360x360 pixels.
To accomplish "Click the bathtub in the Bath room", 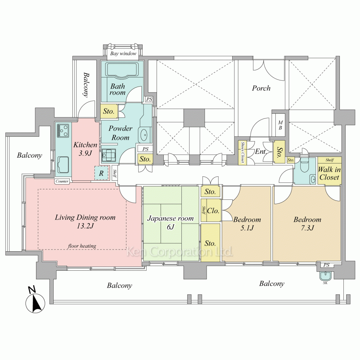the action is (122, 69).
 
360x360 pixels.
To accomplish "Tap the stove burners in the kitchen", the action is (63, 130).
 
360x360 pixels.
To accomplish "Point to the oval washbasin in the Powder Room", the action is (144, 135).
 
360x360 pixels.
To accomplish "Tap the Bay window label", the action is (123, 54).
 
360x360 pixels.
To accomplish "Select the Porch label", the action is (261, 88).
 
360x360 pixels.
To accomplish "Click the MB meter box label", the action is (280, 125).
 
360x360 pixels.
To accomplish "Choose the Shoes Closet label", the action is (242, 152).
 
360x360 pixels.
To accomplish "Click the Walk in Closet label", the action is (329, 174).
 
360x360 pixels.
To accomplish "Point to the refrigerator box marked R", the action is (101, 173).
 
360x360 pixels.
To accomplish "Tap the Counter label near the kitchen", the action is (62, 181).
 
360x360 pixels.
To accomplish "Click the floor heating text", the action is (82, 246).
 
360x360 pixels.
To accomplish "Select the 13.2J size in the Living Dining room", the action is (85, 226).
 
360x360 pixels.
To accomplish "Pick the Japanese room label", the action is (170, 218).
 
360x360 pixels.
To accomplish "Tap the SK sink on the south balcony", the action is (325, 276).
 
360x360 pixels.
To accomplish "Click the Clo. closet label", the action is (213, 211).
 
